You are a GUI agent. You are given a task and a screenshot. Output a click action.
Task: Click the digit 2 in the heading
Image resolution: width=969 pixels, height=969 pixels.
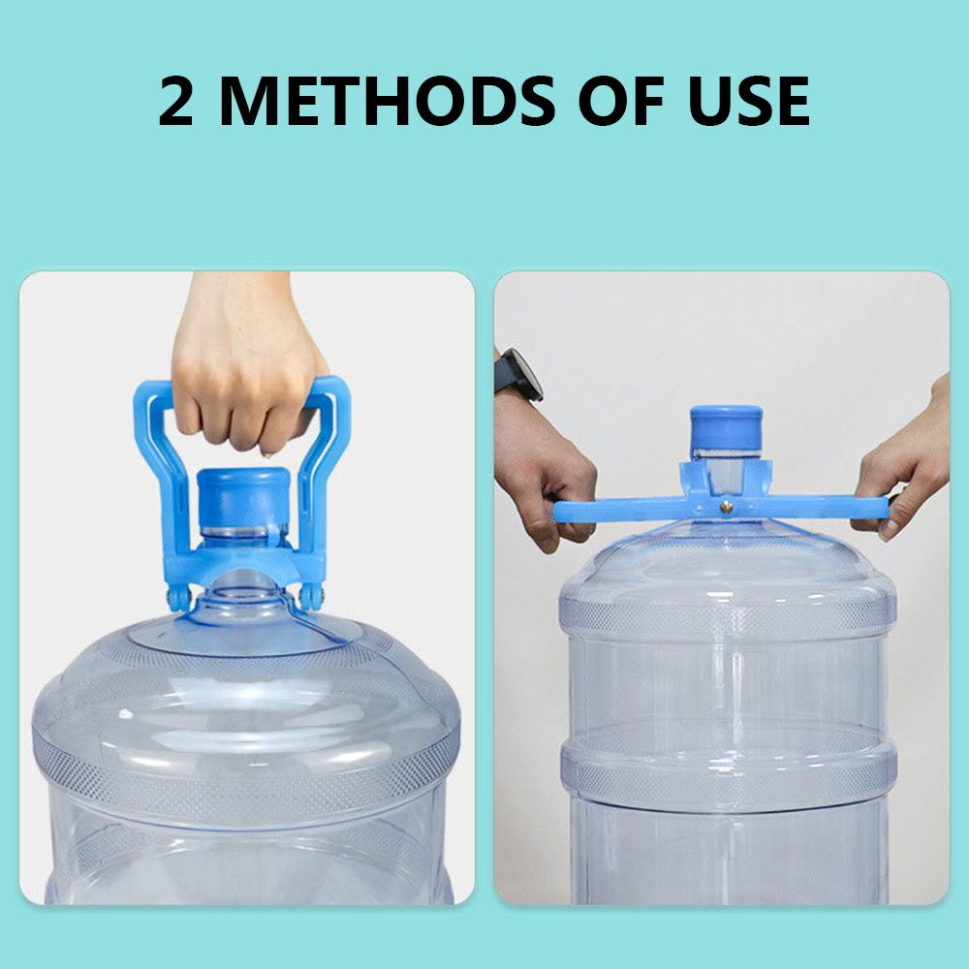click(x=176, y=101)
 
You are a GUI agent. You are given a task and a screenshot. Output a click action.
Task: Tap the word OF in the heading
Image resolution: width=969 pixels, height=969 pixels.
click(x=620, y=101)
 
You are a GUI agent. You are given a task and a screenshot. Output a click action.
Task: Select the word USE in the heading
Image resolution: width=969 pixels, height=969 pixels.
click(x=748, y=101)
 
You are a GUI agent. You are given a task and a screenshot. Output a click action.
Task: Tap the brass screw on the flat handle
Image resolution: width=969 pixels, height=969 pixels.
click(x=726, y=508)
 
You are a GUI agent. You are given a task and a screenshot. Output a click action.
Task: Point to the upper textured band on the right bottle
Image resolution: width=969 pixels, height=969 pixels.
click(x=728, y=615)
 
